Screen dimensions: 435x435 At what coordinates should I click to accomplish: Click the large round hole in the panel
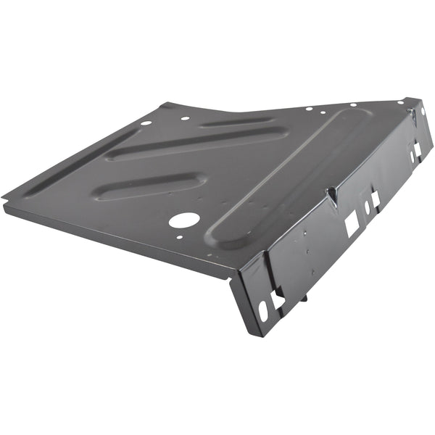(x=185, y=220)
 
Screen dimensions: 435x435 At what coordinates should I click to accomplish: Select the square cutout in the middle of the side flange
(x=351, y=225)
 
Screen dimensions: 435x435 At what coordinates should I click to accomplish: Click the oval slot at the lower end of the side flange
(x=262, y=310)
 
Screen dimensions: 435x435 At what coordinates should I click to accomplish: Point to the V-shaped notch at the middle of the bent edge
(x=331, y=194)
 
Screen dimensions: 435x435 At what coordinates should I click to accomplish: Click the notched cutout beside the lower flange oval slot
(x=278, y=298)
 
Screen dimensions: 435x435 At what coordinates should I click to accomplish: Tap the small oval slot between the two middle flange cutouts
(x=367, y=207)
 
